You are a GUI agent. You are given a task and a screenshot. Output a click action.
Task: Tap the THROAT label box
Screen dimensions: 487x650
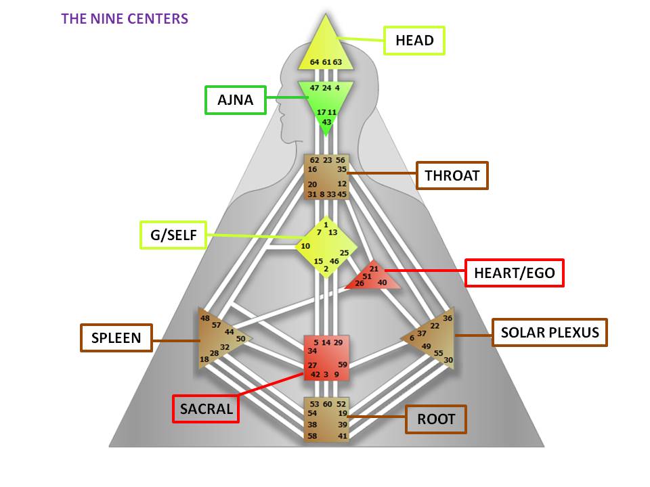[452, 177]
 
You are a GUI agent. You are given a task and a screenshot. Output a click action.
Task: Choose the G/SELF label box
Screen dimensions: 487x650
[173, 235]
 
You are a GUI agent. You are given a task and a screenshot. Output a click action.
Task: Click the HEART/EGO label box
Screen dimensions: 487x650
[515, 273]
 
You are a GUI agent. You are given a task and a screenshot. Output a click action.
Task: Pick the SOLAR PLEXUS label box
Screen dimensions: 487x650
[549, 332]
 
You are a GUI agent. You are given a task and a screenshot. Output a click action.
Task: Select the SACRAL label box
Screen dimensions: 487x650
[206, 409]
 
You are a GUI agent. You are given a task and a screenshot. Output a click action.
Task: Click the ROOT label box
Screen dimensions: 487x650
[436, 419]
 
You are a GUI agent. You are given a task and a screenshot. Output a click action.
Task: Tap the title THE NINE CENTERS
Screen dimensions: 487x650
[125, 18]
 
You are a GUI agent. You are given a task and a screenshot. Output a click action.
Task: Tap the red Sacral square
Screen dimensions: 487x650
[326, 357]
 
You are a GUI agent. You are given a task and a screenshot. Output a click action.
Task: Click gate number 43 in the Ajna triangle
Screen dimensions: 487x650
[326, 122]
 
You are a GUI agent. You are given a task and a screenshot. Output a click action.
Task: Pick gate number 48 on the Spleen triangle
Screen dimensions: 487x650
[205, 318]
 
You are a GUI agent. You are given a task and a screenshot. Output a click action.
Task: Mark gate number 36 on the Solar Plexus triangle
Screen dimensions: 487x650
[447, 318]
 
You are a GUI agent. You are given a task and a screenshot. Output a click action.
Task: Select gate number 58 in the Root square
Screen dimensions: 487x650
[313, 436]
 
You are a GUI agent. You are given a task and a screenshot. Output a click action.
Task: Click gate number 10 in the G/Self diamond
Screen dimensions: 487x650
[306, 246]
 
